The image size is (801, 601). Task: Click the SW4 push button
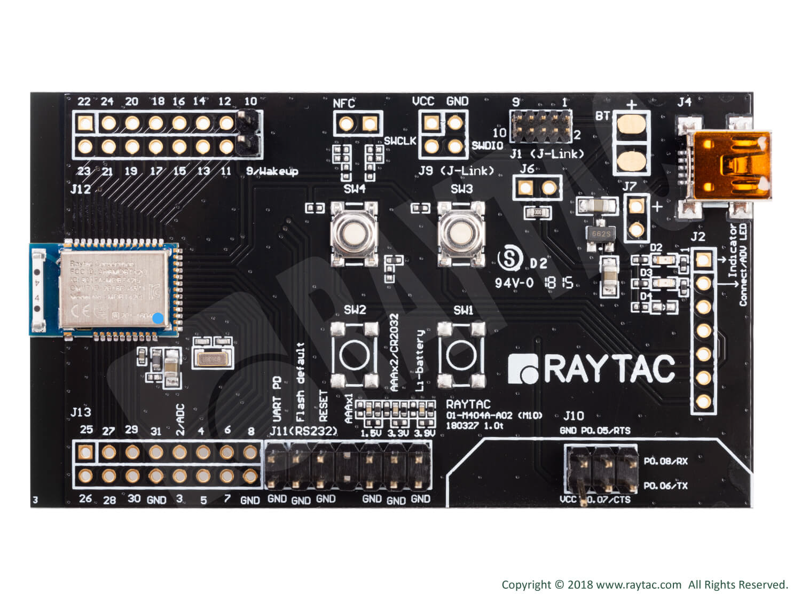tap(354, 233)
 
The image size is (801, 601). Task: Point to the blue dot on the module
tap(158, 318)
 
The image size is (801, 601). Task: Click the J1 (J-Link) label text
tap(547, 154)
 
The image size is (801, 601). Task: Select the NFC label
tap(344, 103)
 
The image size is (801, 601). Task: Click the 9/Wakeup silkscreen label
tap(271, 171)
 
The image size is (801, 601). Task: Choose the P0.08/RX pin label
tap(665, 461)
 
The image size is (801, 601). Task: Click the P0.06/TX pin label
tap(665, 486)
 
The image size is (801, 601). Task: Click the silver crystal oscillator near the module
tap(212, 360)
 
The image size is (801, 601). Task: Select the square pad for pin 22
tap(84, 123)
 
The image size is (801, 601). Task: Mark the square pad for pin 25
tap(84, 452)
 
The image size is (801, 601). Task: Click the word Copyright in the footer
tap(526, 584)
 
